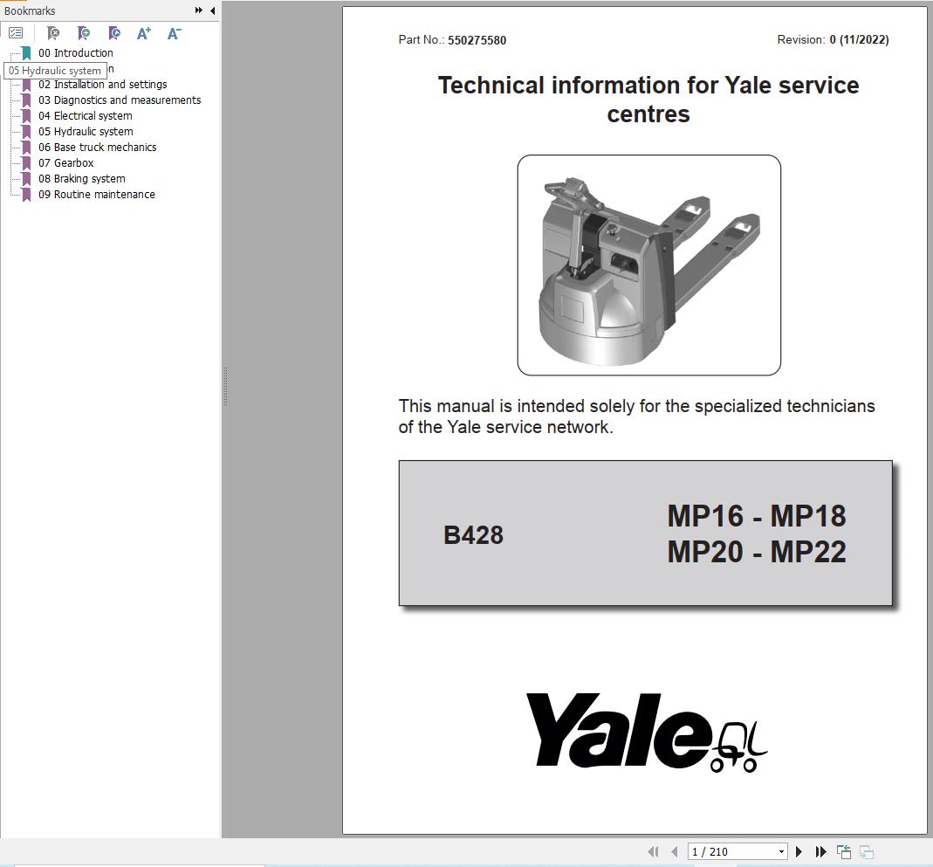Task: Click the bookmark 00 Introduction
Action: (75, 52)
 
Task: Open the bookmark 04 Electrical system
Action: (85, 115)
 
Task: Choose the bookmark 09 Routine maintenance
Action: (96, 194)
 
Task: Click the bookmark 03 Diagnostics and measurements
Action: (119, 100)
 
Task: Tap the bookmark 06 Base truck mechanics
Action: (96, 147)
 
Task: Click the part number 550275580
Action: (477, 40)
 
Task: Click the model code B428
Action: (473, 535)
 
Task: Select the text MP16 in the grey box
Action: (703, 516)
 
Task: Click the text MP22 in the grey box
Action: (808, 552)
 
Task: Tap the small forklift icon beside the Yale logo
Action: (739, 747)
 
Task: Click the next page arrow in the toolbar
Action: (799, 851)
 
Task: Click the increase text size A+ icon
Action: (144, 33)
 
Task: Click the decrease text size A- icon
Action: (174, 33)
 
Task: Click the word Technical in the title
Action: (491, 86)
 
